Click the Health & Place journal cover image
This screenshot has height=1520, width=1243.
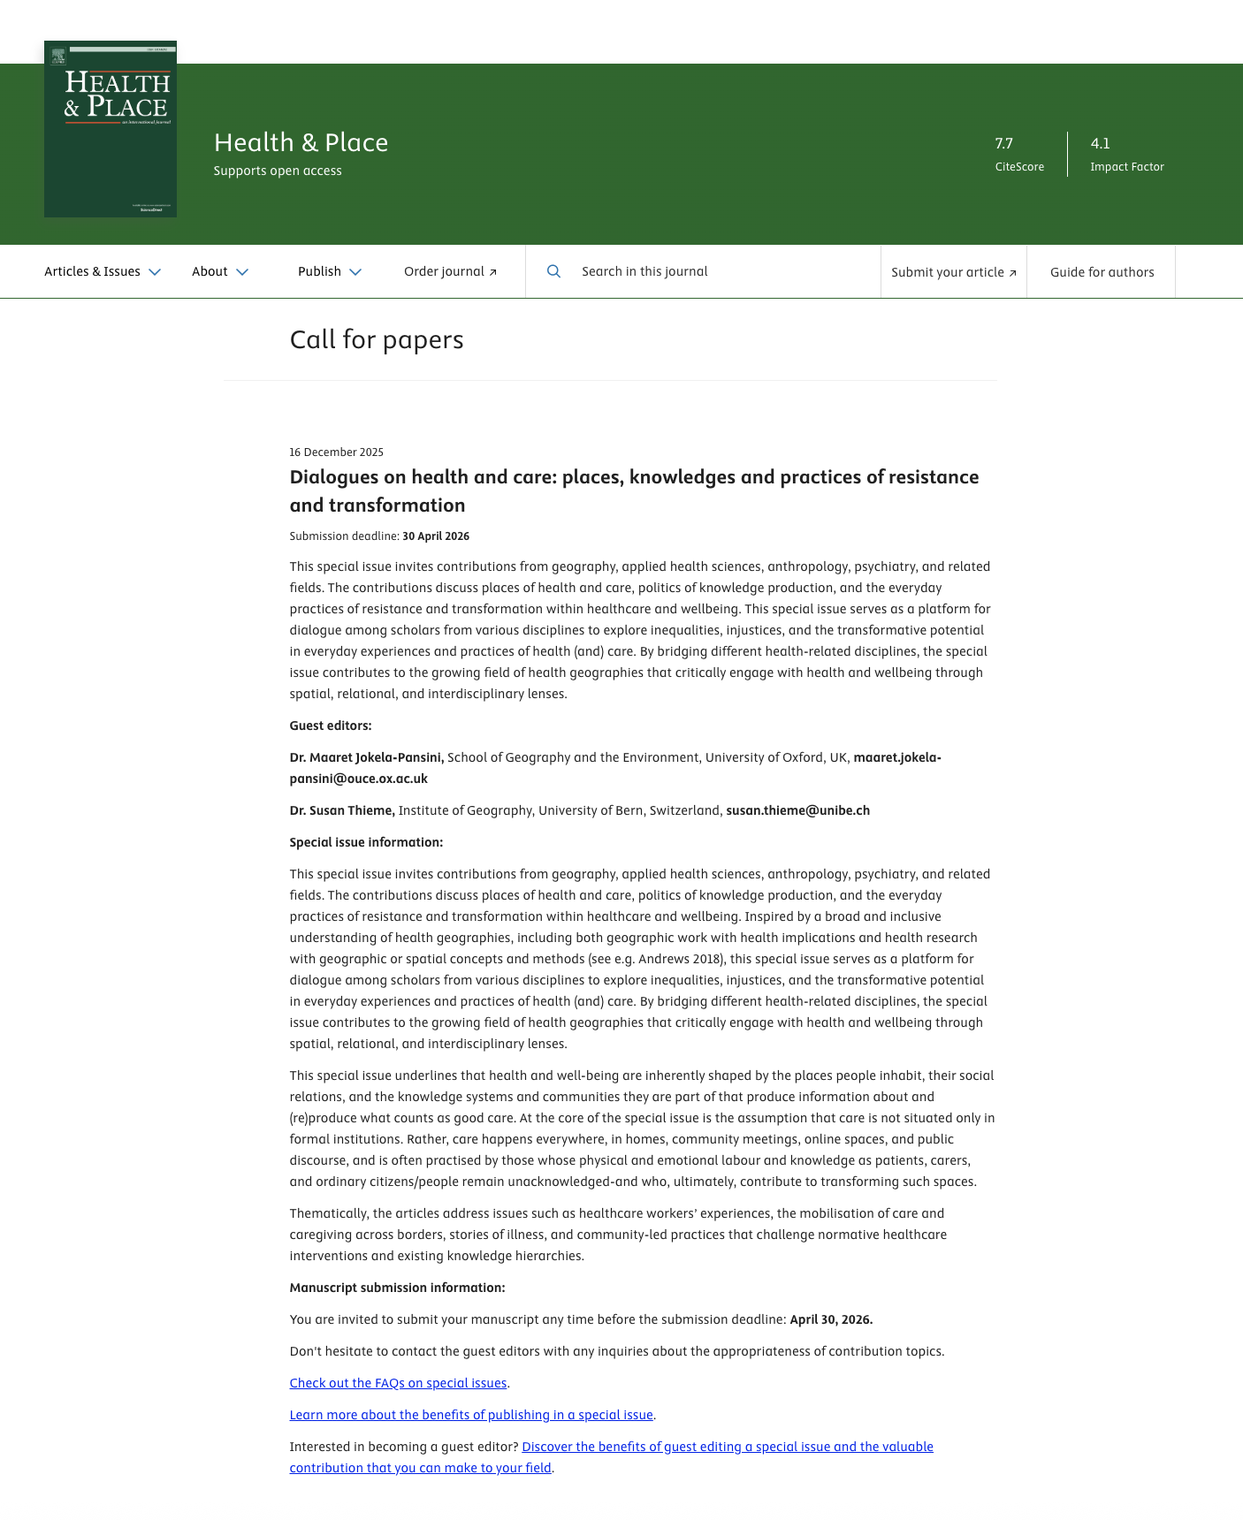111,129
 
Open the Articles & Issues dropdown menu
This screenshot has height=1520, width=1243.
103,272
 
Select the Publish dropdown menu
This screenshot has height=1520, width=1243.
330,272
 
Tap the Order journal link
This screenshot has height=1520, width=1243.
450,272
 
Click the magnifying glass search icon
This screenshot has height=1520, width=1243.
553,271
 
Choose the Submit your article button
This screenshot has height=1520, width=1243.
953,272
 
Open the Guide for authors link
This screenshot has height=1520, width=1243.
1102,272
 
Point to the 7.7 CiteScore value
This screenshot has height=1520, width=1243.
1004,143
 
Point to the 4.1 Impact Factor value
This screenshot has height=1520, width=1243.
1100,143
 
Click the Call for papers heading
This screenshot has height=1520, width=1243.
377,340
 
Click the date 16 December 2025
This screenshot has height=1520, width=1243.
337,452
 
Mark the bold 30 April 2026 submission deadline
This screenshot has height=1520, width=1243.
436,536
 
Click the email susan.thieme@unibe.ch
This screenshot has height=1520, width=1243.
797,810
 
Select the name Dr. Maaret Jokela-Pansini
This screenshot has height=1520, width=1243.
367,757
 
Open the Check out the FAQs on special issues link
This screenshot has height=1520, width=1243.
398,1383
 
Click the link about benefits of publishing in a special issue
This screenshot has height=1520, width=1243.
471,1415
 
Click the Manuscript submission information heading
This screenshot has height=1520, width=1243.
397,1288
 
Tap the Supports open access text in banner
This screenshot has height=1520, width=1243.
278,171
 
